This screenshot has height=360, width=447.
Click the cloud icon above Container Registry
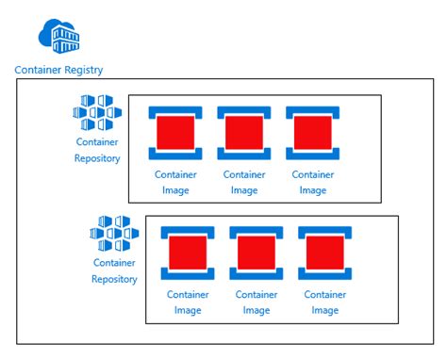pos(59,35)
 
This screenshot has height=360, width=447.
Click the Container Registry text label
pos(59,70)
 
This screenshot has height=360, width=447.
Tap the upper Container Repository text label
pos(97,151)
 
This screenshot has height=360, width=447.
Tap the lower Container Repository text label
pos(114,270)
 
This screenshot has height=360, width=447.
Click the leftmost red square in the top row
pos(175,132)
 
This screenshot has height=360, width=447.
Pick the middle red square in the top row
pos(244,132)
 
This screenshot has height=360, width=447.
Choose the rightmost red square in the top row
pos(312,132)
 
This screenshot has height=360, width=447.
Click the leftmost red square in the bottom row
pos(188,253)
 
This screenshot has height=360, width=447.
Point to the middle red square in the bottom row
pos(256,253)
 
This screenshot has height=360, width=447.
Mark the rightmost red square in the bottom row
pos(324,253)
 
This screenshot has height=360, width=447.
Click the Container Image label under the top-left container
pos(175,182)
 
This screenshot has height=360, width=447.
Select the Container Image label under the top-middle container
pos(244,182)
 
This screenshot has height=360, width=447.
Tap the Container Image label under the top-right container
pos(312,182)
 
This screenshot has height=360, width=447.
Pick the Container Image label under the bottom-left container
pos(188,303)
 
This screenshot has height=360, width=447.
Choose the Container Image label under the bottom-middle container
pos(256,303)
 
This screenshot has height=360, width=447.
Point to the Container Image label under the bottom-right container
pos(324,303)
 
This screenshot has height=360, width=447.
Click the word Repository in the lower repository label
pos(114,279)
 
